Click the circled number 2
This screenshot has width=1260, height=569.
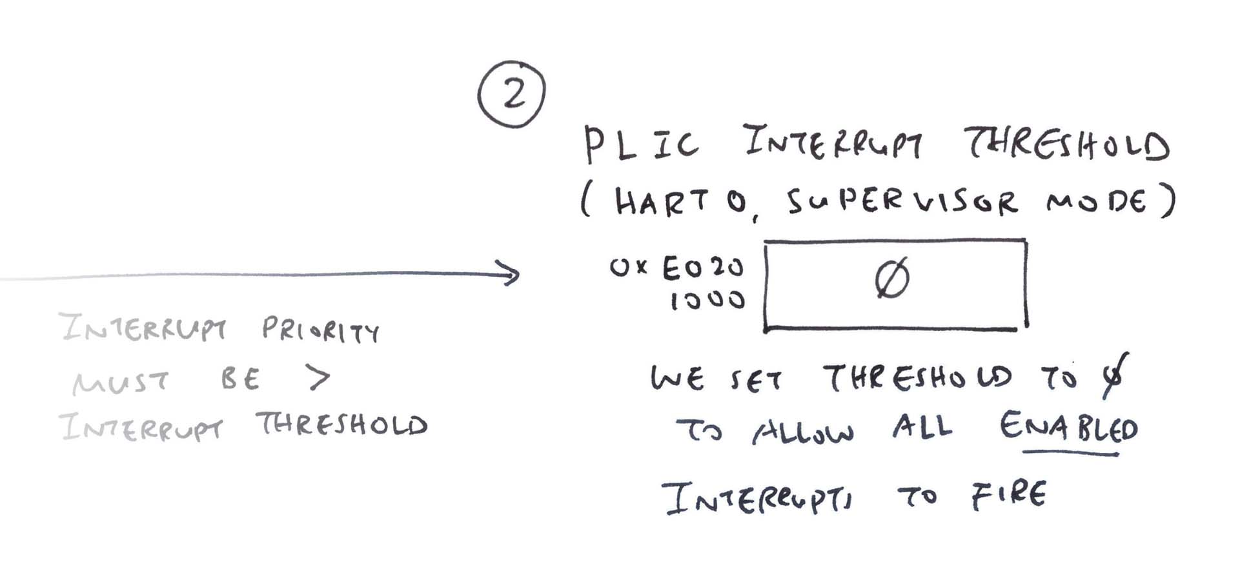click(512, 94)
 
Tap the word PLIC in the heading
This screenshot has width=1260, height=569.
click(640, 145)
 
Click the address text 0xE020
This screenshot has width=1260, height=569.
click(677, 268)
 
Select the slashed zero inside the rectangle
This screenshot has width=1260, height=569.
click(892, 279)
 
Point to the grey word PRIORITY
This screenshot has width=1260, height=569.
click(321, 330)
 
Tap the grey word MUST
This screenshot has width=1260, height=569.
click(121, 382)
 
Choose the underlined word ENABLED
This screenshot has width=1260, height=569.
click(1068, 427)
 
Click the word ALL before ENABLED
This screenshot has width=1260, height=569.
click(922, 427)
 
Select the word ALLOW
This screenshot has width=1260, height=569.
click(803, 431)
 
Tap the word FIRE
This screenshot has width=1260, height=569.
click(1009, 495)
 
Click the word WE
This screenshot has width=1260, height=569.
click(676, 378)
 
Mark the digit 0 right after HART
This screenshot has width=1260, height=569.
click(735, 203)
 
